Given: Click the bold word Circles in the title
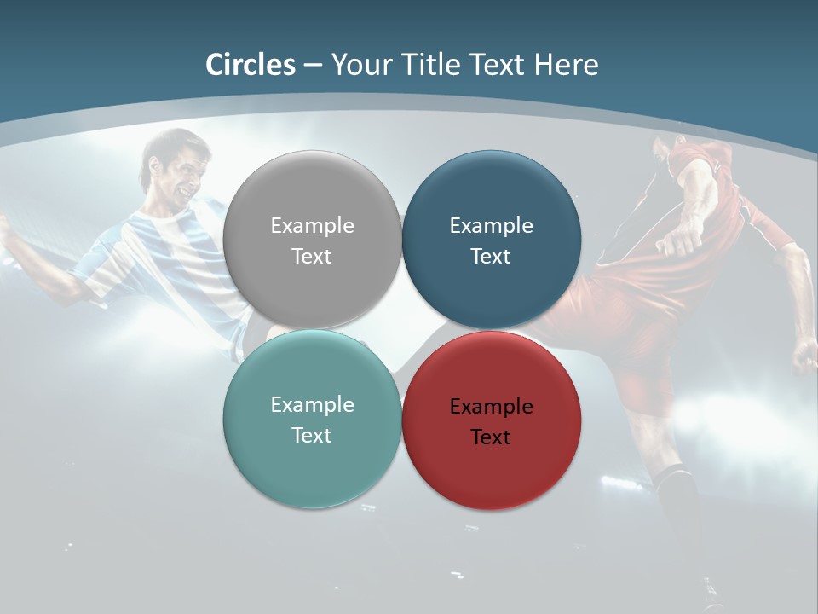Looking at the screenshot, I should point(251,65).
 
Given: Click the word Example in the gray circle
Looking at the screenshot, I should point(312,226).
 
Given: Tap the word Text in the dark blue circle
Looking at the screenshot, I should point(491,257).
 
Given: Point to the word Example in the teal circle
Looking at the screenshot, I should point(312,405).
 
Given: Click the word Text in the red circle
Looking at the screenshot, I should point(491,437).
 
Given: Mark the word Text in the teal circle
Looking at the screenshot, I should point(312,436).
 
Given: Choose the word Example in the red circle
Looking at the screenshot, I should point(491,407).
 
